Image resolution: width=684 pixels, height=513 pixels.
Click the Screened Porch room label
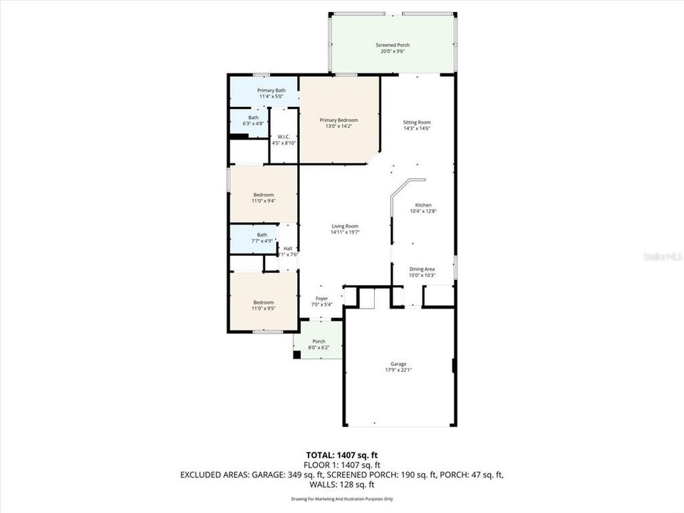[393, 45]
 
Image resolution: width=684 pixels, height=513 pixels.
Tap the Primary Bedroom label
[338, 120]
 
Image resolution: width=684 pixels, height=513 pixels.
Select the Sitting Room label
[417, 122]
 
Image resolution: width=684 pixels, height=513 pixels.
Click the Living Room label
[344, 226]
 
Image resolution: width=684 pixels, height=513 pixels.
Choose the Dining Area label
[422, 269]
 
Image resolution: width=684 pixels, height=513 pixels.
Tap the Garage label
[398, 363]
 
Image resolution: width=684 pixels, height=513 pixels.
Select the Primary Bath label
[271, 90]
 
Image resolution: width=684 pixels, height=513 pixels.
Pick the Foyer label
[322, 299]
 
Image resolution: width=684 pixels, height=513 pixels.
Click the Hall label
[288, 248]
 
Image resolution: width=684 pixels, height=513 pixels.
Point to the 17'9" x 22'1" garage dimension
[398, 370]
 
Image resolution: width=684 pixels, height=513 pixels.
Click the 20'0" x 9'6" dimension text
[393, 51]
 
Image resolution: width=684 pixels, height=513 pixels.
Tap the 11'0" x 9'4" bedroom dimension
[263, 201]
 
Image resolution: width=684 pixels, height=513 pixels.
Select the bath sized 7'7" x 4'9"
[262, 237]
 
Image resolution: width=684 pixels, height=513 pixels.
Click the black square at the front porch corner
[297, 354]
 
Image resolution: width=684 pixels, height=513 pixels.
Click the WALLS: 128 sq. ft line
[342, 484]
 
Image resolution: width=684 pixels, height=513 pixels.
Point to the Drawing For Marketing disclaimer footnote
[342, 499]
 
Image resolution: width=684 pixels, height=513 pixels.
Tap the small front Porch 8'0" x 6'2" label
[319, 344]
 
